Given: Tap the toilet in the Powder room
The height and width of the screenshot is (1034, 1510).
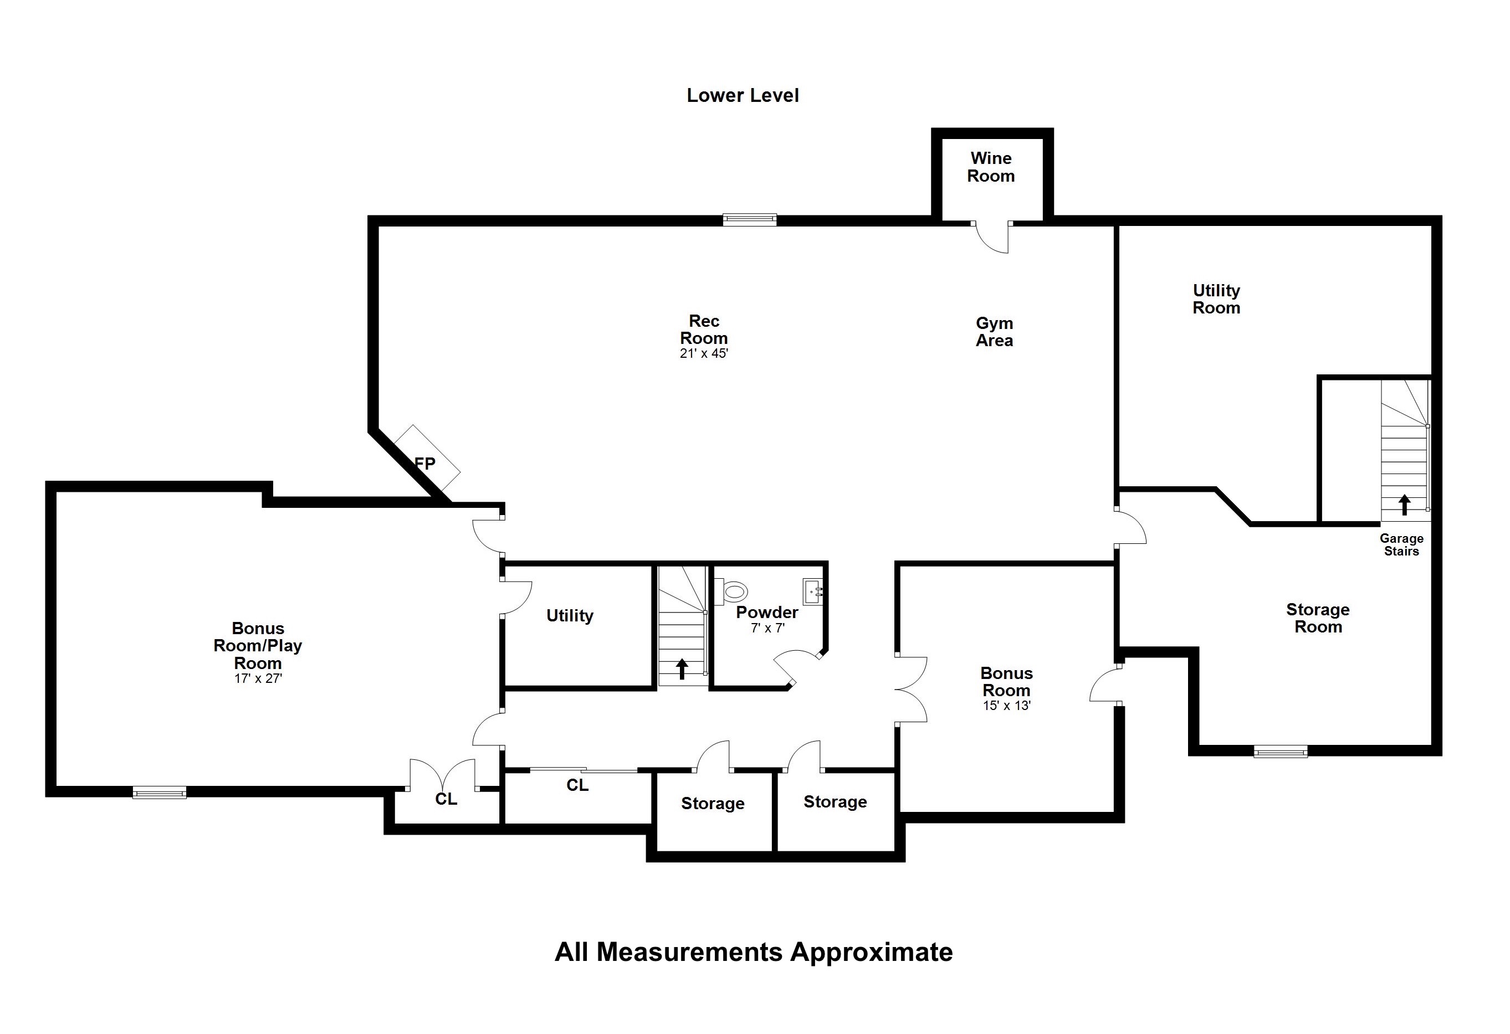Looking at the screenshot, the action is point(731,591).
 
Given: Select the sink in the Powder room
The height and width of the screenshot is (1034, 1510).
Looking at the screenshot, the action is point(814,591).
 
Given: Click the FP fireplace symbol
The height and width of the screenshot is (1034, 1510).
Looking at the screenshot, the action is point(427,459).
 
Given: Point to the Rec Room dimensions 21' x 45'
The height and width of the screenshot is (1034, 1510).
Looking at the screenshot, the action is point(704,354).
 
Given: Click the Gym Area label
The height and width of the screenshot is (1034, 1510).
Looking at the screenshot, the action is point(994,332).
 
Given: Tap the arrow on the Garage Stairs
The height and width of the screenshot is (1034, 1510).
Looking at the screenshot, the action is point(1405,505).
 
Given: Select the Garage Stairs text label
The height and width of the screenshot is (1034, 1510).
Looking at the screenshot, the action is point(1401,545).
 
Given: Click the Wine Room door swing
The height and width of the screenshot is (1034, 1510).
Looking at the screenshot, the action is point(992,238).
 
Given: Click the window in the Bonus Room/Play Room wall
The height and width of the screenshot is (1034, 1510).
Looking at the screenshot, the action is point(159,793).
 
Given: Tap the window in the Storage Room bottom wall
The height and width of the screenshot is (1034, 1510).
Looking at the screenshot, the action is point(1281,752).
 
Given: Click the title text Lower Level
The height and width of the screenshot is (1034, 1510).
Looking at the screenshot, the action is point(743,95).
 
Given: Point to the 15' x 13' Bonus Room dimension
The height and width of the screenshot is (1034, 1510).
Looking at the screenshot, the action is point(1006,706).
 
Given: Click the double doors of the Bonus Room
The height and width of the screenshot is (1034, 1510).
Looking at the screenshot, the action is point(912,689).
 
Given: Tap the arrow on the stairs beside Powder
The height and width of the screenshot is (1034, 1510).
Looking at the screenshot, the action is point(682,669).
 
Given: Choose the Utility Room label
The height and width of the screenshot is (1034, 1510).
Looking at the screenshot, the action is point(1216,300).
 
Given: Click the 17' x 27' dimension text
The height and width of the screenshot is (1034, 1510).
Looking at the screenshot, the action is point(258,679).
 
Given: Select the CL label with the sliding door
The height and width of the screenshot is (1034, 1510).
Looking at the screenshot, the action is point(577,786).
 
